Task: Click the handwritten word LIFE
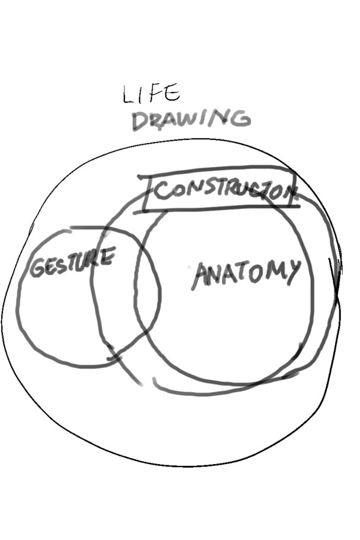coord(151,93)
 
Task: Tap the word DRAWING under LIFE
coord(192,120)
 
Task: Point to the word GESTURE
coord(72,262)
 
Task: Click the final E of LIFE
coord(172,91)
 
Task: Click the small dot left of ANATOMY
coord(189,267)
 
